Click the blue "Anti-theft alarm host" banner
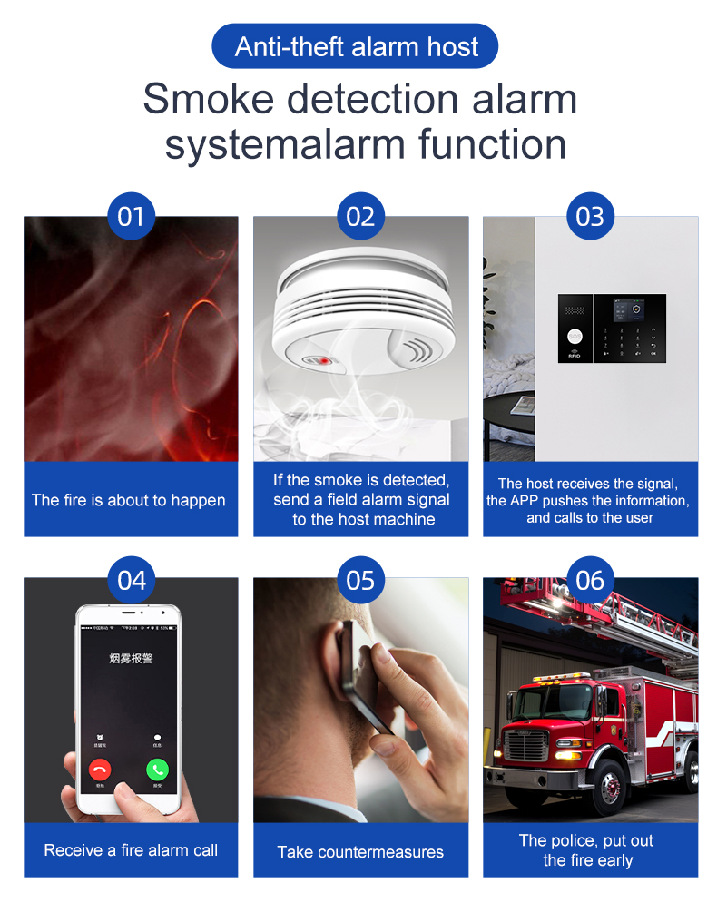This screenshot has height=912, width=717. coord(356,47)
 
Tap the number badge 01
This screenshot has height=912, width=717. coord(131,216)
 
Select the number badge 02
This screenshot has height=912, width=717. coord(360,216)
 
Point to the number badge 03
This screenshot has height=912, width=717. coord(590,216)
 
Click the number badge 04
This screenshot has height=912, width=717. coord(131,579)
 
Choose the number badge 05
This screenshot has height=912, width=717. coord(360,579)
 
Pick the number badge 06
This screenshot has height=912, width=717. coord(590,579)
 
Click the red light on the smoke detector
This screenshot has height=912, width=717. coord(321,360)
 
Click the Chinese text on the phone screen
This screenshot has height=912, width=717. coord(131,657)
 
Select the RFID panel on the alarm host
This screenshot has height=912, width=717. coord(575,329)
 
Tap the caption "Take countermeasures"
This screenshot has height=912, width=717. coord(360,851)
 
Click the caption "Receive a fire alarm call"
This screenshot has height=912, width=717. coord(131,850)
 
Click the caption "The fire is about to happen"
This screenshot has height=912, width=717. coord(129,500)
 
